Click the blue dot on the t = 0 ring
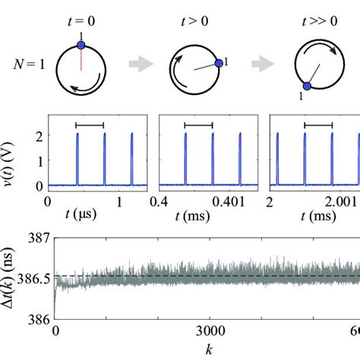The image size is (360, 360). point(80,46)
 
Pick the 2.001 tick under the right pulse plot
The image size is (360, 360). point(338,201)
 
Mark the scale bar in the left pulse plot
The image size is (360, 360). point(90,124)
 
